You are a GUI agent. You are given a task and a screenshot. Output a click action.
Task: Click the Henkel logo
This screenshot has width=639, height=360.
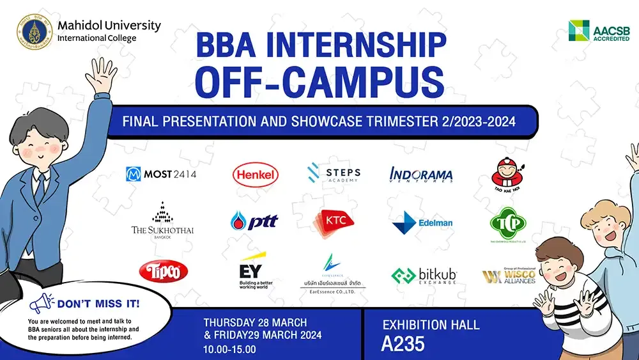[256, 174]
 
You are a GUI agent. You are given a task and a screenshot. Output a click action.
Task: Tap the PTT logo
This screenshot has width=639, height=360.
[254, 221]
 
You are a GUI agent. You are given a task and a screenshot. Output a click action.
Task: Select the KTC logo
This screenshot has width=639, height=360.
[334, 221]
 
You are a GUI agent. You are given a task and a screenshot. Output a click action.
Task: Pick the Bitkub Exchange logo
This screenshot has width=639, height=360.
[424, 276]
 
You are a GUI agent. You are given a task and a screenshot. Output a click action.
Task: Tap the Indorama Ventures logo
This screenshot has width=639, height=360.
[421, 174]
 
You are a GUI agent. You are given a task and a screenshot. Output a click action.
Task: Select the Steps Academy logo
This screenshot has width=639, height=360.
[333, 174]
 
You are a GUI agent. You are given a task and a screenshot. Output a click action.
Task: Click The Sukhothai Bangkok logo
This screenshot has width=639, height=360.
[162, 221]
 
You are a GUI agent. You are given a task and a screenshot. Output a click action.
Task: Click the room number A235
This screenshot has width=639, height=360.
[403, 344]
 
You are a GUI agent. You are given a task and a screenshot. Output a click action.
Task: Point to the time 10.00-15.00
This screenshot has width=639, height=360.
[229, 350]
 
